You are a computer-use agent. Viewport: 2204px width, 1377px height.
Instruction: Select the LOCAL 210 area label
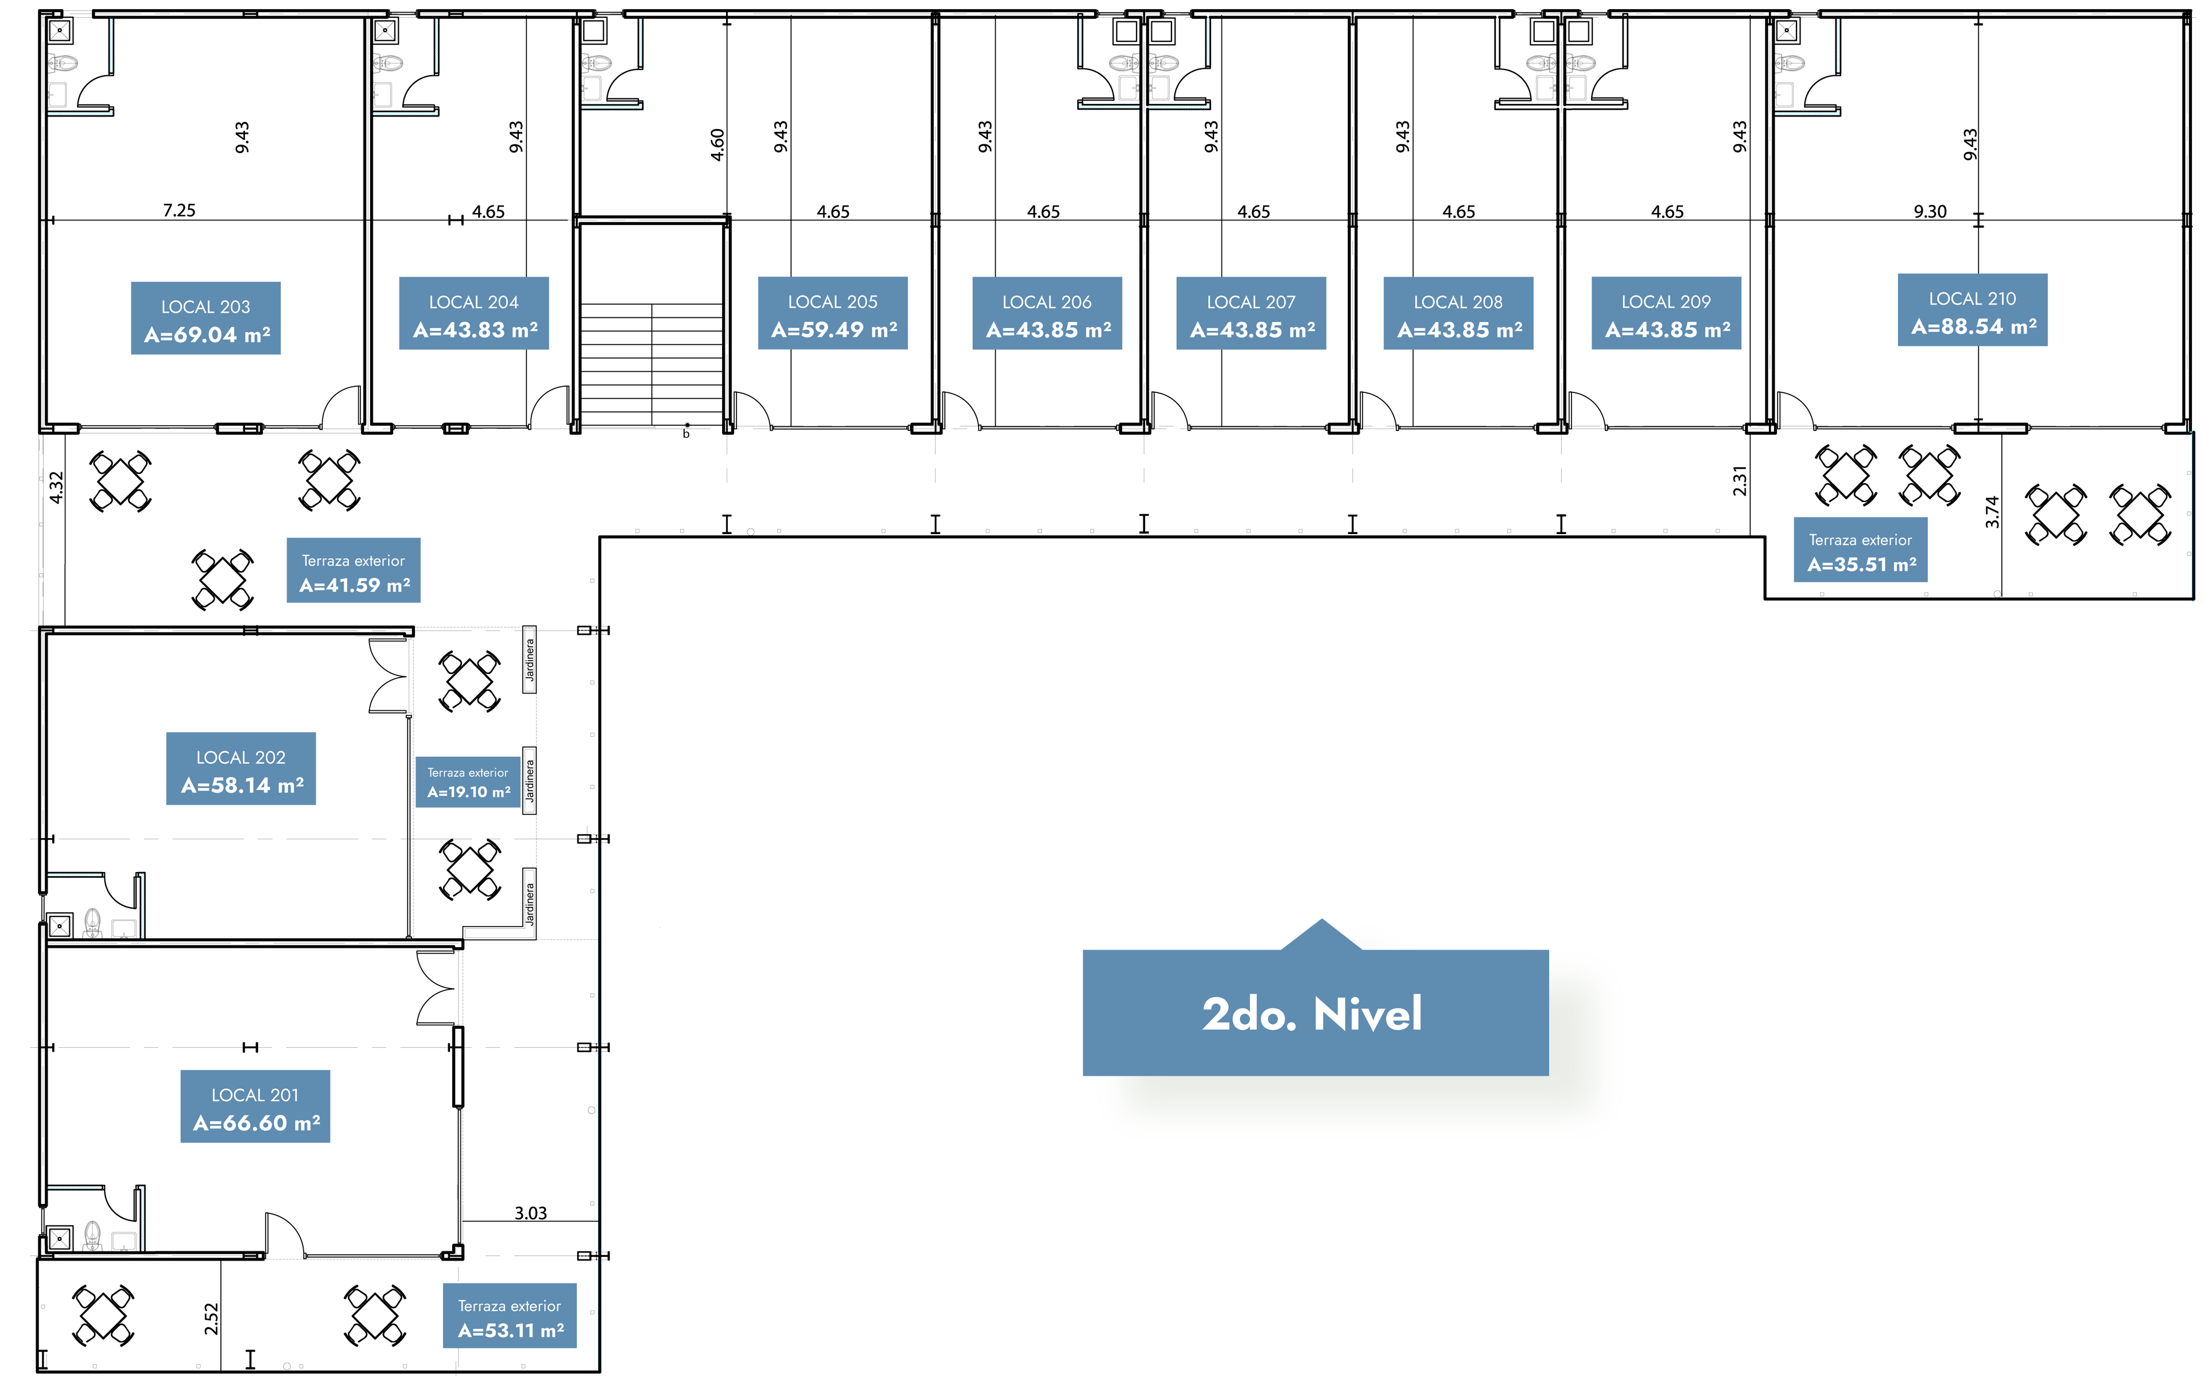1973,310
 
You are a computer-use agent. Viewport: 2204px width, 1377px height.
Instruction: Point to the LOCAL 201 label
255,1107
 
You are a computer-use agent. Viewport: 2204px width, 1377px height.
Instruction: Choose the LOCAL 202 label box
241,769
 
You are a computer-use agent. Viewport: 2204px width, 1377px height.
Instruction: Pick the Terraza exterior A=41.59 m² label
354,570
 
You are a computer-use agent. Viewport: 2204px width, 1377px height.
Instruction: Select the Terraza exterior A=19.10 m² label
468,782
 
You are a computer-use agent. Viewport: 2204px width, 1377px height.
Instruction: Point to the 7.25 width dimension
180,211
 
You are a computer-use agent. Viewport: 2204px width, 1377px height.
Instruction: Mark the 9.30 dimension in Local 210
1930,211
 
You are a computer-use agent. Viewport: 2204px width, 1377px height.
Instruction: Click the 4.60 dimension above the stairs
717,145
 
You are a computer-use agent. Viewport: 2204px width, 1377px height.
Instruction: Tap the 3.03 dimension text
531,1213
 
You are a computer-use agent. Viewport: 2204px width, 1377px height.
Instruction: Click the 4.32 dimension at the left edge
56,487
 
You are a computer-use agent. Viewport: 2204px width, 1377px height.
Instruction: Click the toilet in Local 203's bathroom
63,63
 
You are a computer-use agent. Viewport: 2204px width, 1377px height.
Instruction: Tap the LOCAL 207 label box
1251,313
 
